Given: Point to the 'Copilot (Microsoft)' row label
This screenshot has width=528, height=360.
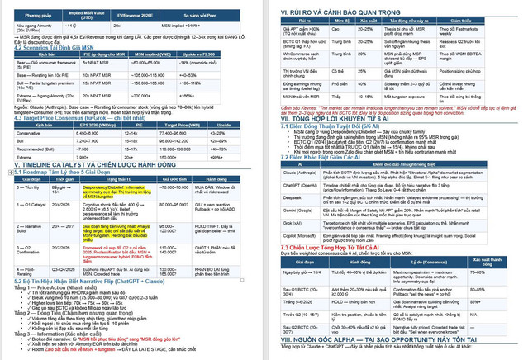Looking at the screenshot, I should pos(297,235).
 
